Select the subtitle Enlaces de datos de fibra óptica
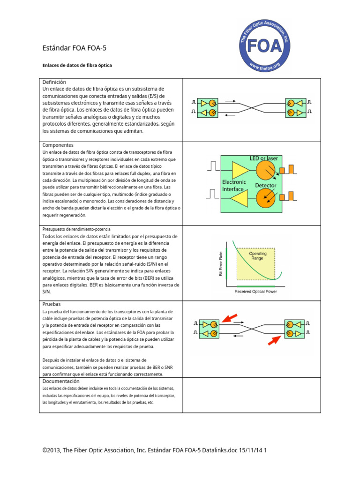pos(77,65)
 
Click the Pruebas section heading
pos(52,304)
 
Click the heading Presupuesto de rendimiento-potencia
pos(76,229)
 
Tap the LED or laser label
pos(263,158)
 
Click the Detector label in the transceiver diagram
pos(265,186)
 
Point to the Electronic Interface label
pos(233,185)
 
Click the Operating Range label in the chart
pos(257,256)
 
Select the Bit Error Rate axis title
pos(221,263)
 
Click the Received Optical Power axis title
pos(255,291)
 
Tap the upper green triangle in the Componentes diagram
pos(240,170)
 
